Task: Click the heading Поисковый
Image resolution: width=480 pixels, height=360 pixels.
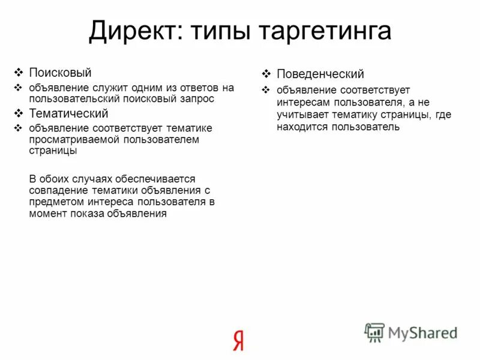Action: point(60,73)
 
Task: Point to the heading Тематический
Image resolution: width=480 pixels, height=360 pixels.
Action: point(68,113)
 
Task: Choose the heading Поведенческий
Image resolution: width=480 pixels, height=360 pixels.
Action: point(320,74)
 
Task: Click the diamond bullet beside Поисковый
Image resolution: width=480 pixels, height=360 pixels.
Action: point(18,73)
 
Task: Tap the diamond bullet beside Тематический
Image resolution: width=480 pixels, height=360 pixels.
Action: point(18,113)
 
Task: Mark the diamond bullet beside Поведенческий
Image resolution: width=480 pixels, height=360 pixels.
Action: point(266,74)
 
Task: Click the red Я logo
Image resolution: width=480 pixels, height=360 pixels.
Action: point(238,340)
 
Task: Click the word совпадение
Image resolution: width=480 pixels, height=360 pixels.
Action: point(56,190)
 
